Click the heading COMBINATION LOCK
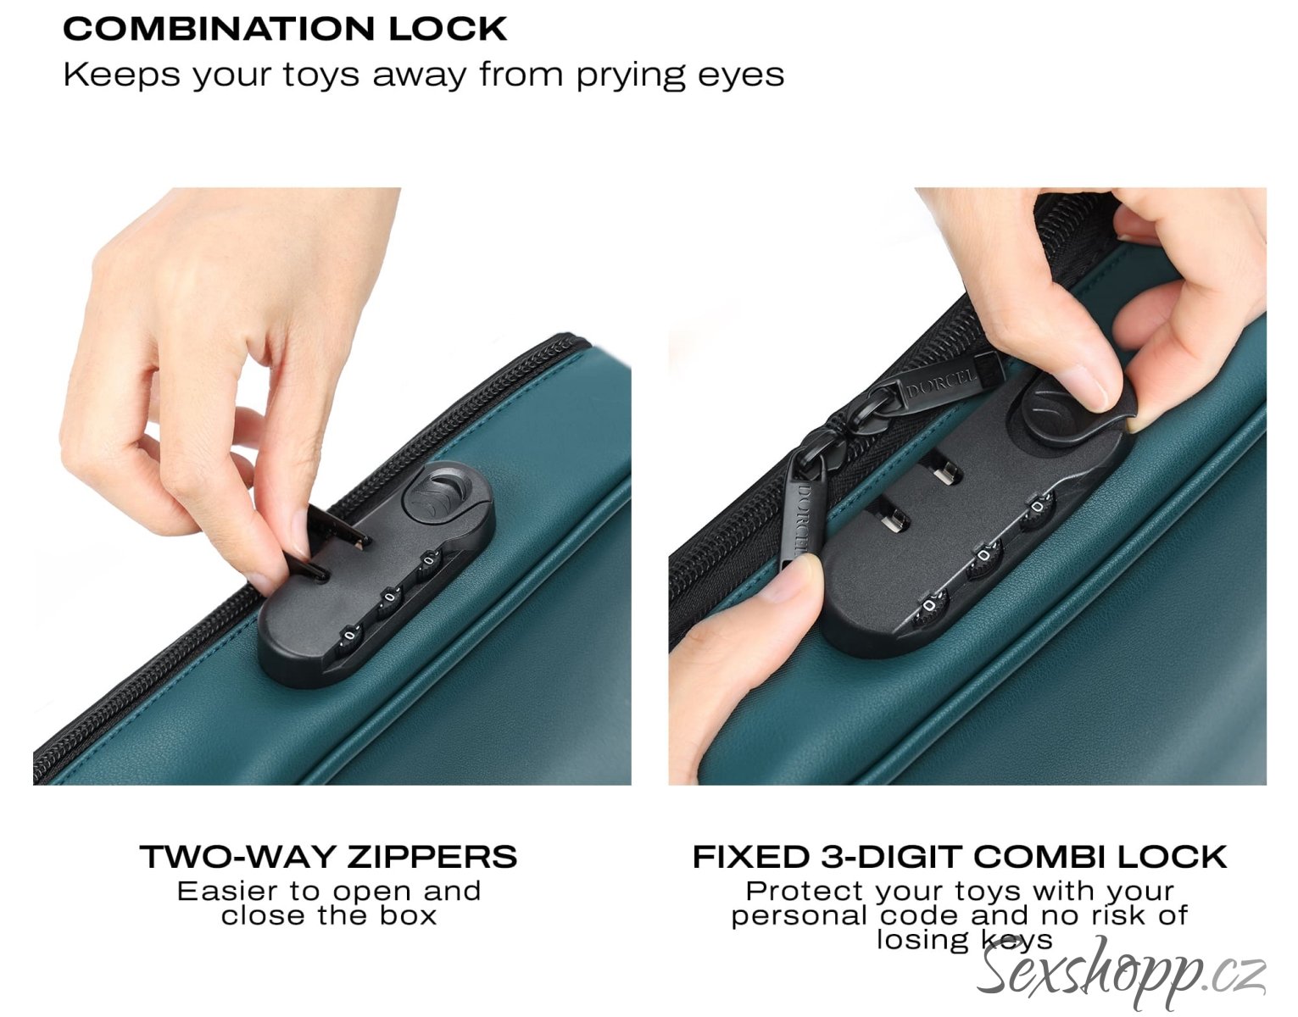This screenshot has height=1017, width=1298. [x=285, y=30]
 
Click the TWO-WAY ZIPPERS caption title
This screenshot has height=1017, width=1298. [x=329, y=857]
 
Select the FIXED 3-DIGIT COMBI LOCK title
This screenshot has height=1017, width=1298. [x=960, y=857]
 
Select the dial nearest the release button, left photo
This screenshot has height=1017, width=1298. [x=427, y=564]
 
